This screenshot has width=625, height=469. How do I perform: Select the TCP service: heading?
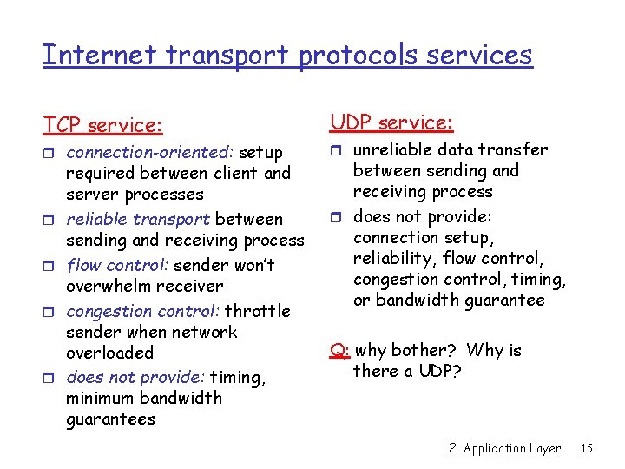(103, 126)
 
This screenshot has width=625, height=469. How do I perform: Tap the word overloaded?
(109, 353)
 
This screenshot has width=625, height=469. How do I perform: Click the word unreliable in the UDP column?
(395, 149)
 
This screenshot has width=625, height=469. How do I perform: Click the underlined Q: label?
(339, 351)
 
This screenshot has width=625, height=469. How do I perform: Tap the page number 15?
(587, 448)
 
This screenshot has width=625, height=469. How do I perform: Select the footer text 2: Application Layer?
(504, 448)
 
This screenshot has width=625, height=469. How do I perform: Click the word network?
(205, 332)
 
